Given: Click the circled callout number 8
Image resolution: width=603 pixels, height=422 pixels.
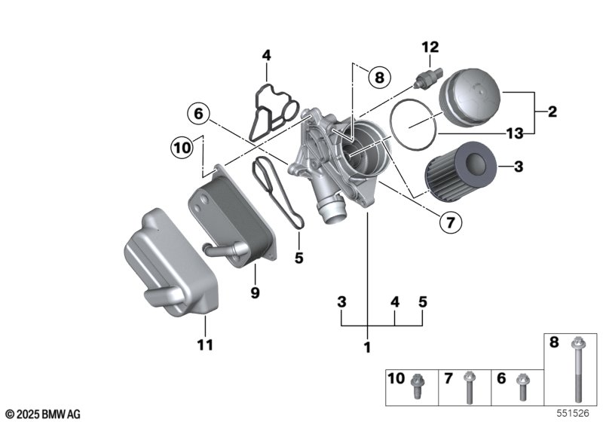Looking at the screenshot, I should tap(379, 76).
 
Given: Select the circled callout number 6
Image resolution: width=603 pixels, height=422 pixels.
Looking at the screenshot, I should tap(197, 114).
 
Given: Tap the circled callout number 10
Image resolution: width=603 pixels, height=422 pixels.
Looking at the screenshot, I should tap(181, 148).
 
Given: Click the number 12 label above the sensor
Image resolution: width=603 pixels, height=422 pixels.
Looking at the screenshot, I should tap(430, 47).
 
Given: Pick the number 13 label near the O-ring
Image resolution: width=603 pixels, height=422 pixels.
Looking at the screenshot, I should tap(515, 133).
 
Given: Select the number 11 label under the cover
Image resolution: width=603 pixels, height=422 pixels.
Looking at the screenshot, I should tap(205, 346).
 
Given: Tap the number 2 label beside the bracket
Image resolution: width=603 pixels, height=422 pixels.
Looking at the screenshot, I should tap(552, 112).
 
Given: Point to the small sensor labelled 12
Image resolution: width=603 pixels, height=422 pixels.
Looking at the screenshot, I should tap(427, 75).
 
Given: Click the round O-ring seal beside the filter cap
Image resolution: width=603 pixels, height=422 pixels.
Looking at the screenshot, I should tap(414, 124).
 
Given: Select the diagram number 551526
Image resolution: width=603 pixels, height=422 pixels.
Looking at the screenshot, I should tap(574, 413).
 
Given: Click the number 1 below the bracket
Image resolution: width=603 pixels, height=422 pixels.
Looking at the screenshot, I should tap(368, 347).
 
